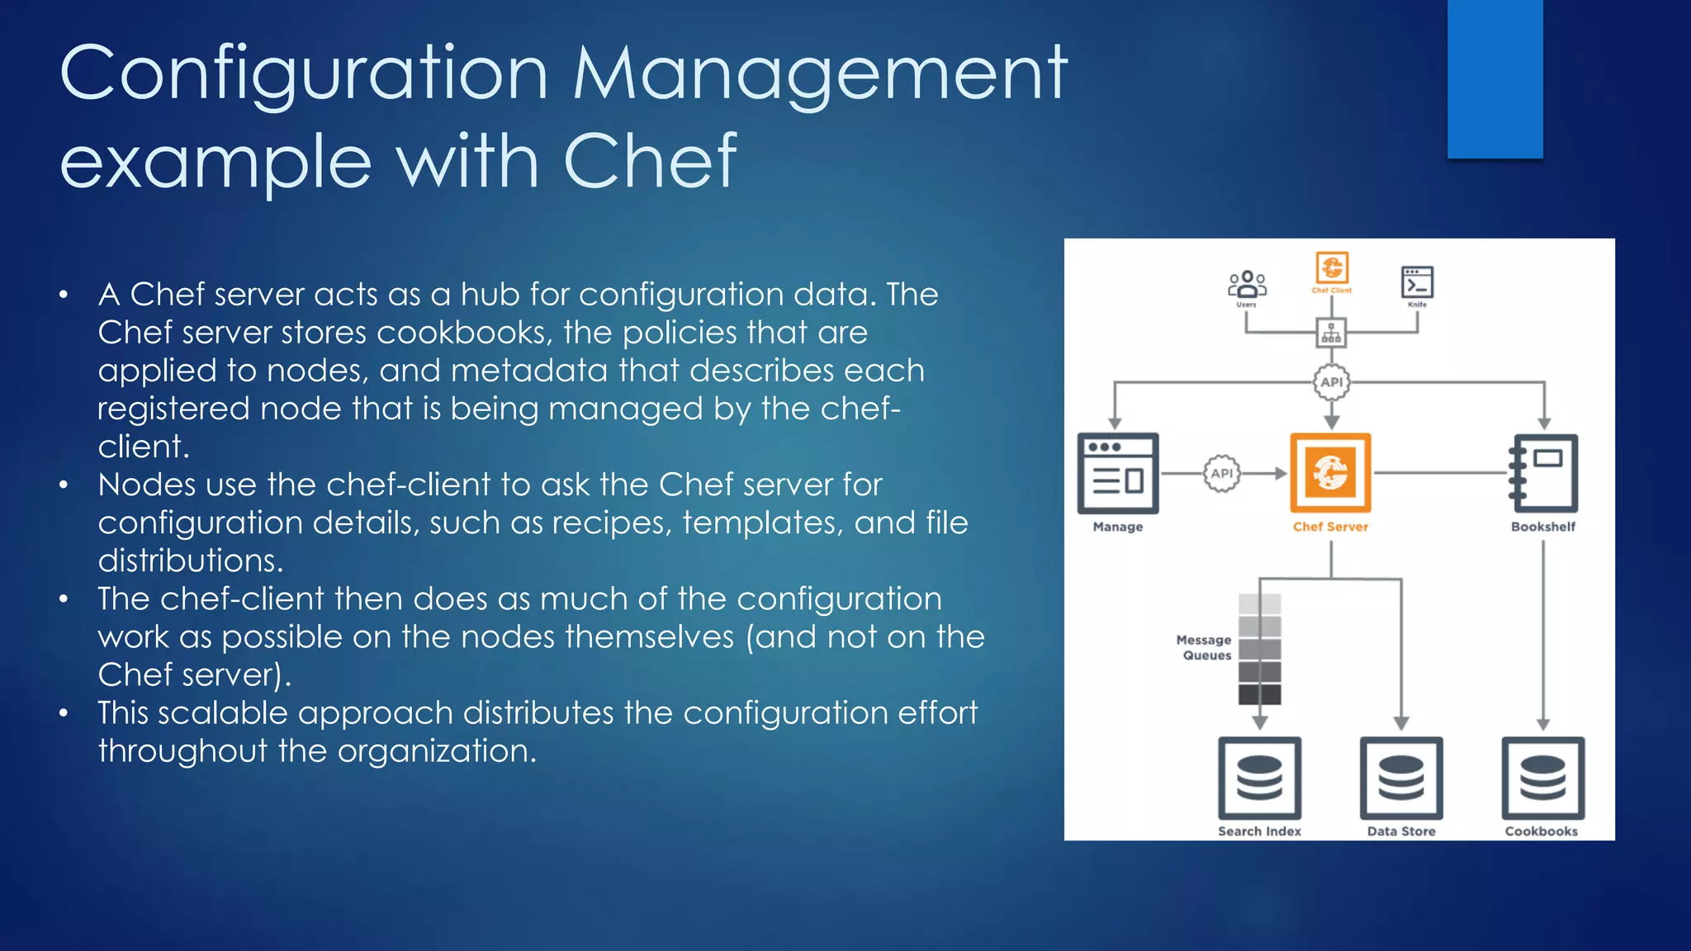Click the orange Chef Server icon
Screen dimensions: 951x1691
click(x=1330, y=472)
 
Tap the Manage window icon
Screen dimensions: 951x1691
click(x=1118, y=473)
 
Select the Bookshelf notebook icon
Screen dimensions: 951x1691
click(x=1543, y=473)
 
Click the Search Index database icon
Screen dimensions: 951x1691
click(x=1259, y=778)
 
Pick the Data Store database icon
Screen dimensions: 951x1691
click(x=1401, y=778)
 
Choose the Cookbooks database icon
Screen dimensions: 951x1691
click(x=1542, y=778)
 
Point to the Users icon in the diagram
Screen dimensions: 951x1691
click(x=1247, y=284)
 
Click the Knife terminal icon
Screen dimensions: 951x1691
click(x=1417, y=282)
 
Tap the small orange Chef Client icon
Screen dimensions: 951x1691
click(x=1332, y=268)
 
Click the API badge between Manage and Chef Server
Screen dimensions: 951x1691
click(x=1222, y=473)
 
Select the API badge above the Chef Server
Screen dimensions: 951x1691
click(x=1331, y=382)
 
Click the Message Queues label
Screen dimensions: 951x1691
click(x=1205, y=647)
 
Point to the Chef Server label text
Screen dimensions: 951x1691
click(x=1330, y=527)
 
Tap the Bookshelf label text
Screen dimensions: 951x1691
click(x=1543, y=527)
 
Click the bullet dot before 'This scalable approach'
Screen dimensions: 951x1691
click(x=64, y=712)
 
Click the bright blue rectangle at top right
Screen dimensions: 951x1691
click(x=1494, y=78)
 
